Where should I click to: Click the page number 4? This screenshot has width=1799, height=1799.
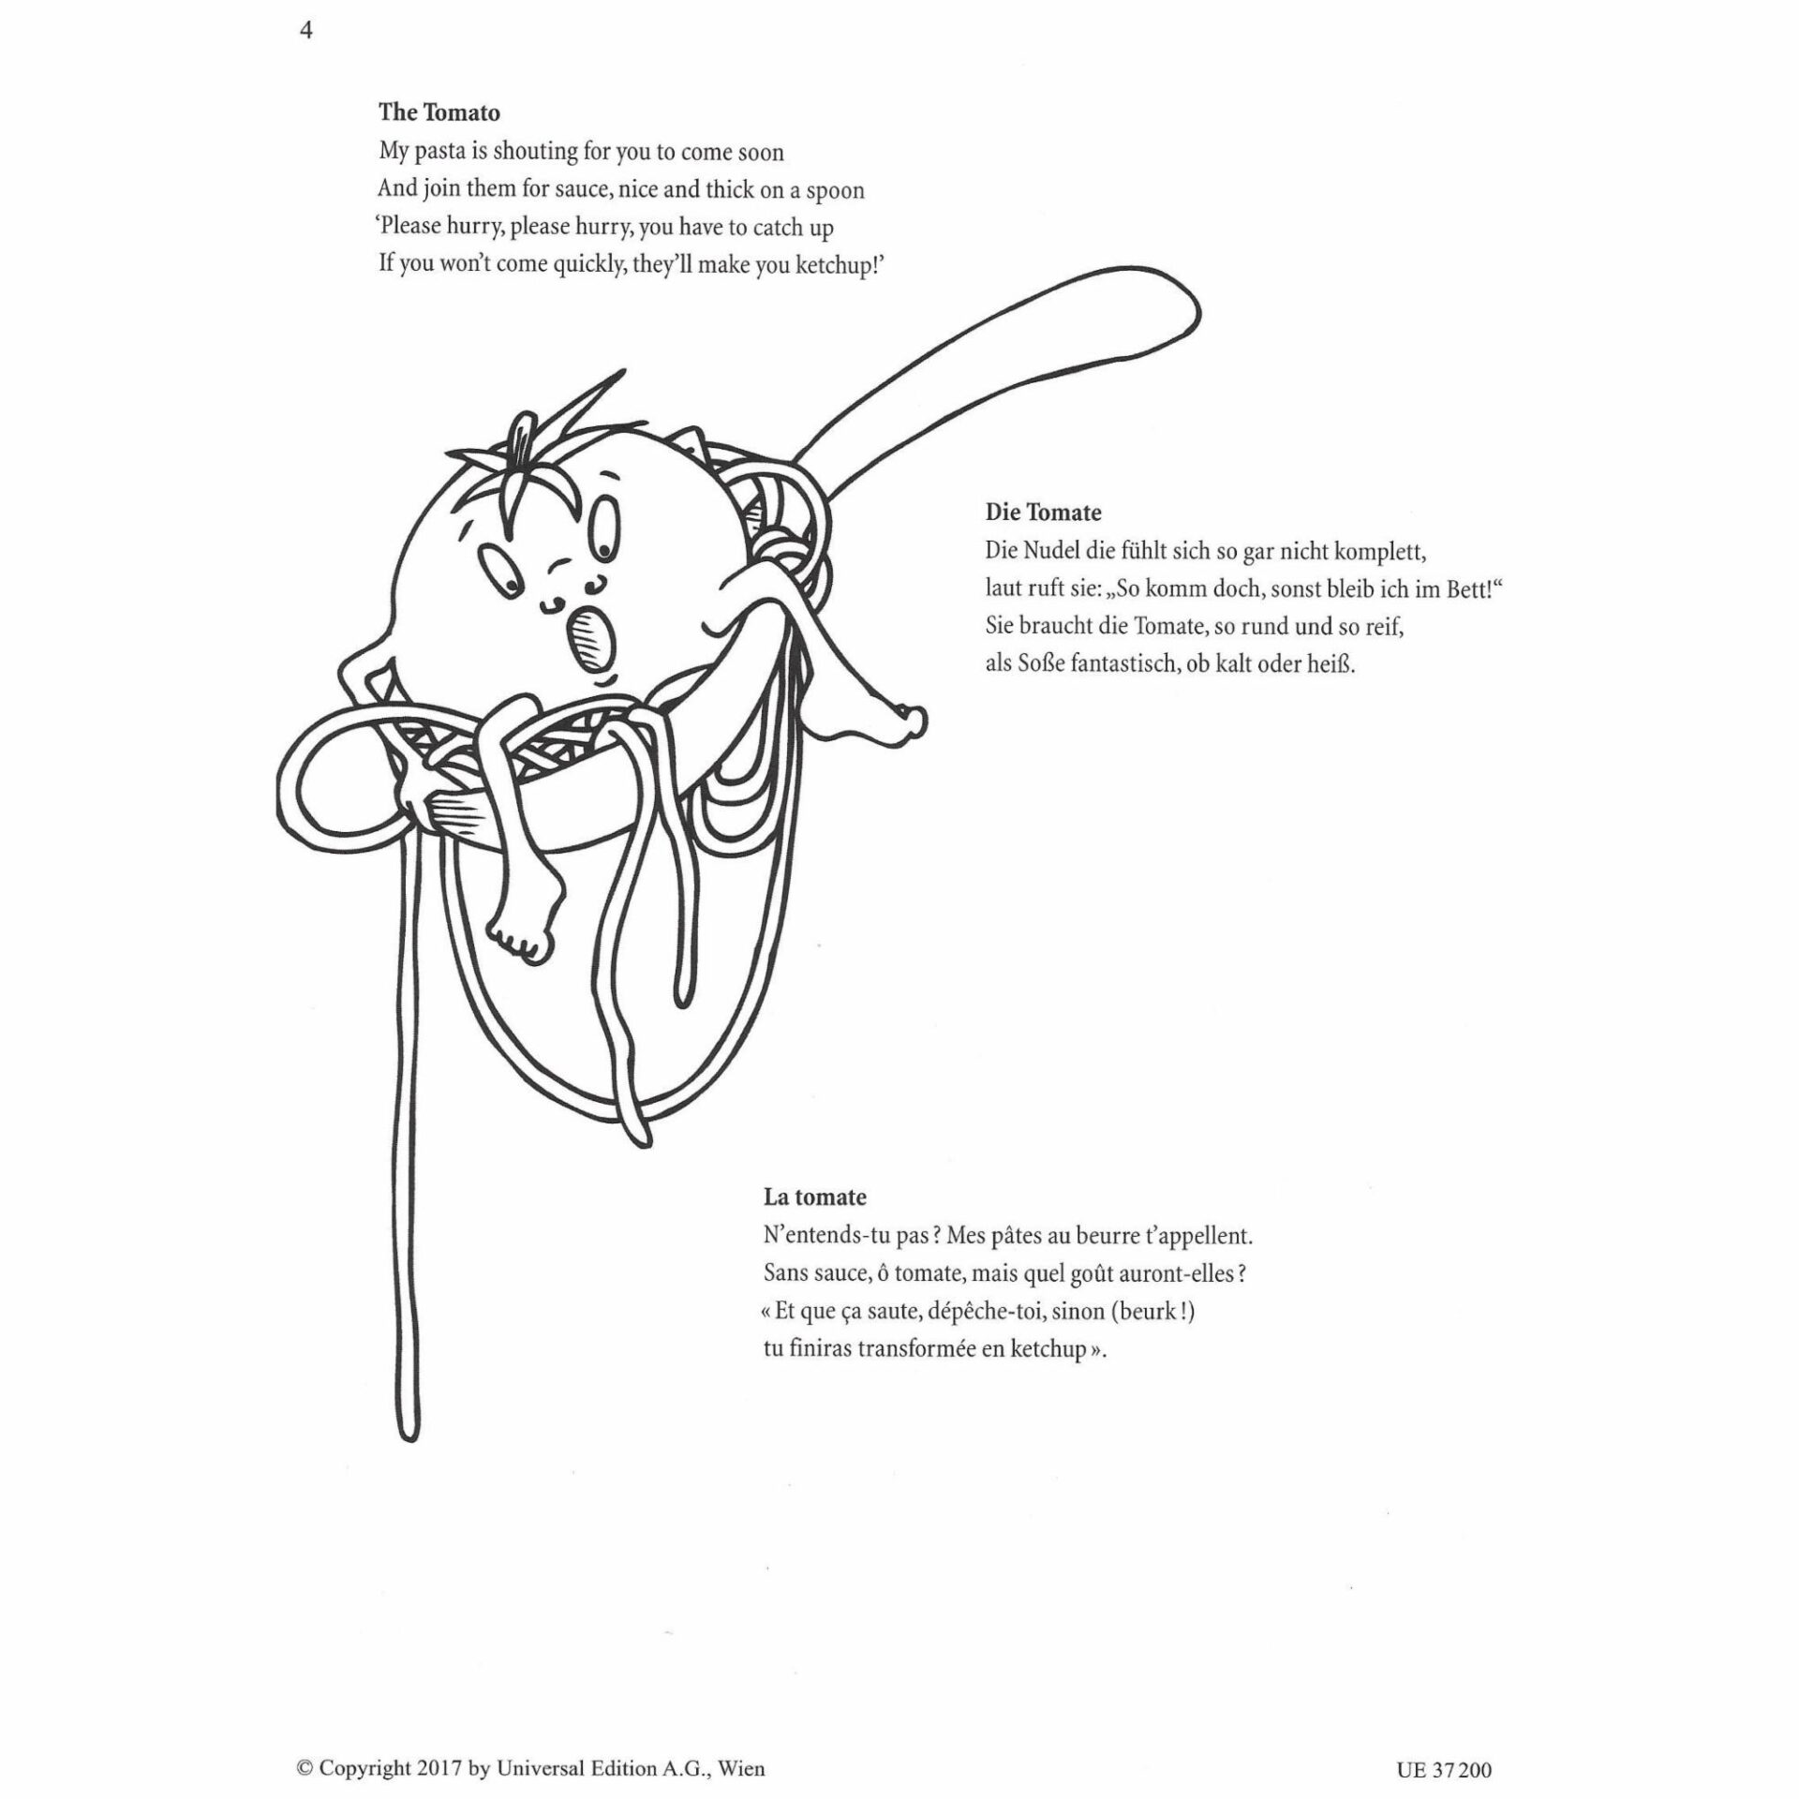[x=305, y=33]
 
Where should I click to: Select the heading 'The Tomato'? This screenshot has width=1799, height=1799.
[x=439, y=112]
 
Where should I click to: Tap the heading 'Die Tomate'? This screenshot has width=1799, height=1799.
[x=1043, y=513]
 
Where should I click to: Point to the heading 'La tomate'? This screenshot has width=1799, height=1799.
[x=814, y=1197]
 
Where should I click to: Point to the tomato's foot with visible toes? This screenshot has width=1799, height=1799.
[x=524, y=933]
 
